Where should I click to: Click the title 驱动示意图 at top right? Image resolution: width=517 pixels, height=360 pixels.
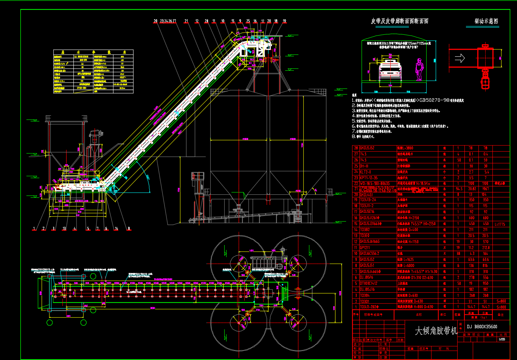(486, 22)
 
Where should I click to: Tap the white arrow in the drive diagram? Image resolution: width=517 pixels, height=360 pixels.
(460, 58)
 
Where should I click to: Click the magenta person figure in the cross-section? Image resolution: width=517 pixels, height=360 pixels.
(419, 70)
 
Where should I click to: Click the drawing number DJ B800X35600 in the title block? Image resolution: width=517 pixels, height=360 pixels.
(482, 327)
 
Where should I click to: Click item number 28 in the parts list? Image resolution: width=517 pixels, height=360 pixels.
(356, 148)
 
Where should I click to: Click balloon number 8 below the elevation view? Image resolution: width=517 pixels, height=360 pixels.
(129, 228)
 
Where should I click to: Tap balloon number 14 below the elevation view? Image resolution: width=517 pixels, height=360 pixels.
(116, 228)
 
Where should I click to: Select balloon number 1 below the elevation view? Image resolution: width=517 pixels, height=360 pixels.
(34, 228)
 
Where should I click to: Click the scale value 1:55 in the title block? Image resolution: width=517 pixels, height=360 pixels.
(502, 339)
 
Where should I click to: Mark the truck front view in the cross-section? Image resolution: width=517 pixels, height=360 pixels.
(390, 70)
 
